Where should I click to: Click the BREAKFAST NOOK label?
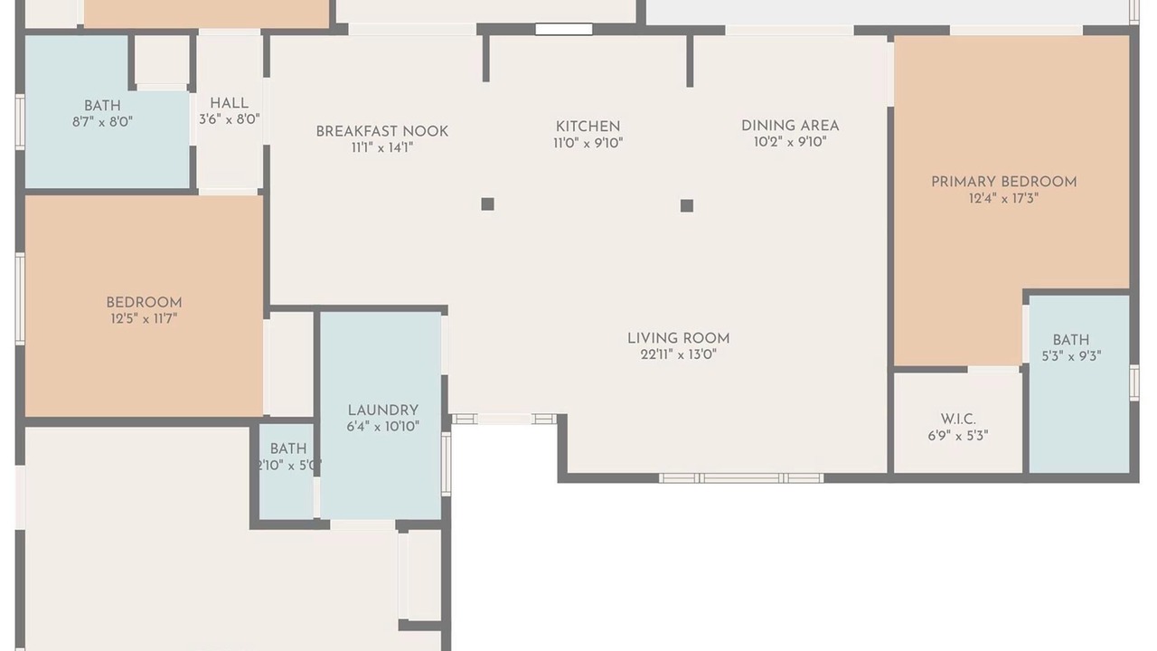(382, 131)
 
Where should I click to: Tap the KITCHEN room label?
(588, 127)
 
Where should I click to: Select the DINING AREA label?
(790, 126)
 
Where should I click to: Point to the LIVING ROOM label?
(679, 338)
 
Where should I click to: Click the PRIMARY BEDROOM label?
(1004, 182)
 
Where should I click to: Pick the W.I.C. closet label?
(958, 419)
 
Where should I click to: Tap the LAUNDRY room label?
(382, 410)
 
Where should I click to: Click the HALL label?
(230, 103)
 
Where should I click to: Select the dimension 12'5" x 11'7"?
(144, 319)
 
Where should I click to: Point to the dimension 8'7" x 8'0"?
(103, 122)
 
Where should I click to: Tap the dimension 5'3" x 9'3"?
(1072, 356)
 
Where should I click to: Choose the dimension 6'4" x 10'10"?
(382, 427)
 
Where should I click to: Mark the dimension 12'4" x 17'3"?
(1004, 198)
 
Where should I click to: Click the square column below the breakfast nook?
(487, 204)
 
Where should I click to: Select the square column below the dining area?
(687, 205)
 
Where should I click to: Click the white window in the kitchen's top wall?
(564, 30)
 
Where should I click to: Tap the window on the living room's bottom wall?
(741, 478)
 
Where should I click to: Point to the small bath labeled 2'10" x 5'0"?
(287, 471)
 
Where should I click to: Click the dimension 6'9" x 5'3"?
(958, 436)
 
